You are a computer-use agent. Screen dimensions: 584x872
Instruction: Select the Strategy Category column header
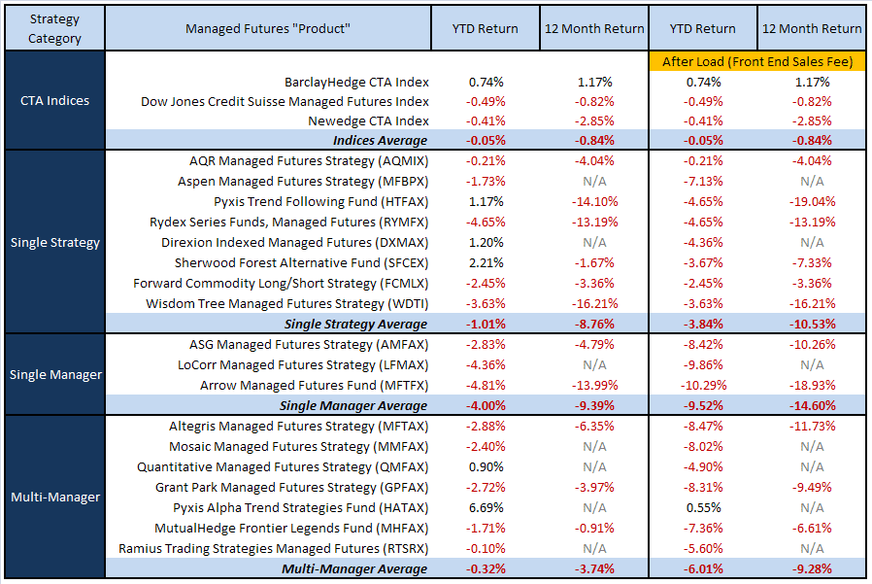[x=54, y=29]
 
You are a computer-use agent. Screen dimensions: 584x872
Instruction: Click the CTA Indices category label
[x=54, y=101]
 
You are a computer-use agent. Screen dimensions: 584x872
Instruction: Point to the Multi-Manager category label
[x=54, y=497]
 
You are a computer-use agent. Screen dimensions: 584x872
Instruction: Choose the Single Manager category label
[x=54, y=374]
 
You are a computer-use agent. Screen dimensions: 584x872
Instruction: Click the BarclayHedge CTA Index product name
[x=356, y=83]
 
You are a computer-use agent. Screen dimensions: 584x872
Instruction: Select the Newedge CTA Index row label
[x=368, y=121]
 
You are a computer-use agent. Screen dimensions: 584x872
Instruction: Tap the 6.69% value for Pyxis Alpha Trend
[x=486, y=507]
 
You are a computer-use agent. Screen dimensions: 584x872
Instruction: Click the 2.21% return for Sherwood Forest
[x=486, y=262]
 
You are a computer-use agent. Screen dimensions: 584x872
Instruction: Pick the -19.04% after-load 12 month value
[x=812, y=202]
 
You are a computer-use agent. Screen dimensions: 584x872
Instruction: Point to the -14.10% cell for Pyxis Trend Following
[x=594, y=202]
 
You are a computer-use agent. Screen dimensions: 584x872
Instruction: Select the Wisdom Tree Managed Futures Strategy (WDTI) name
[x=287, y=303]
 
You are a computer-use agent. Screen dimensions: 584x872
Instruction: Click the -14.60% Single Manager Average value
[x=812, y=405]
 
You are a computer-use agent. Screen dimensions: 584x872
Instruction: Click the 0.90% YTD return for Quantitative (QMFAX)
[x=486, y=466]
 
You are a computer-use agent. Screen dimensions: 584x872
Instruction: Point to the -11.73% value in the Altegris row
[x=812, y=426]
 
